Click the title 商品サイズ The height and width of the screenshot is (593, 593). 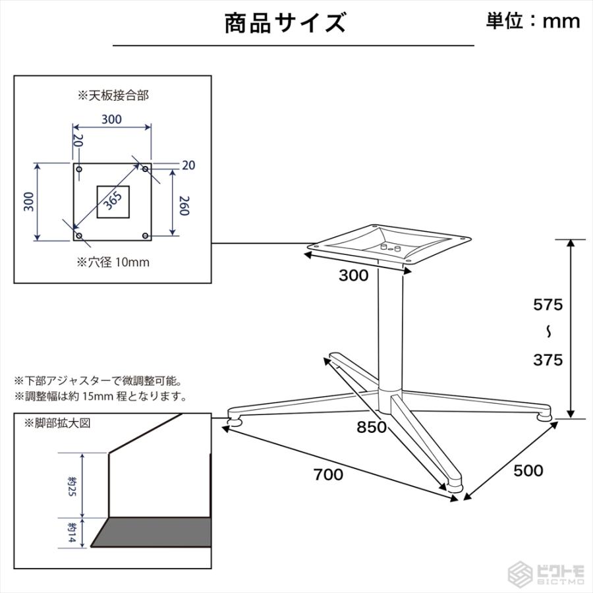[285, 23]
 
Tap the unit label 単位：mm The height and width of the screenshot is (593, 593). [533, 20]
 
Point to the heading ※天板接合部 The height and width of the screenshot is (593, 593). [113, 96]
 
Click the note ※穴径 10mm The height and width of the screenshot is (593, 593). [113, 262]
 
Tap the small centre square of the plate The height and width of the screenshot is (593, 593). [113, 202]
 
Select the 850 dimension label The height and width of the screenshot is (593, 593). [371, 427]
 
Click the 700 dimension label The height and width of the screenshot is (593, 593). [328, 474]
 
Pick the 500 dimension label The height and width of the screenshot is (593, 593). [528, 470]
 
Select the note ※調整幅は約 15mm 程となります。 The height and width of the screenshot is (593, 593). [100, 397]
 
